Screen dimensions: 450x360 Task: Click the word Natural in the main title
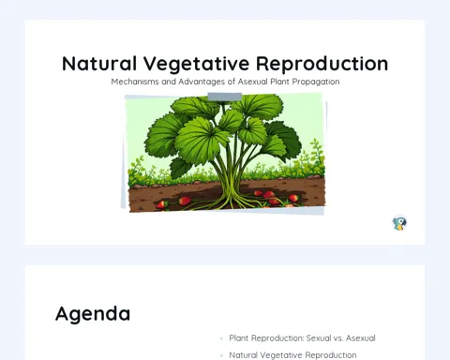pyautogui.click(x=99, y=64)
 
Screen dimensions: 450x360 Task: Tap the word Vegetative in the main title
pyautogui.click(x=197, y=64)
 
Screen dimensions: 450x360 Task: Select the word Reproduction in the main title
pyautogui.click(x=322, y=64)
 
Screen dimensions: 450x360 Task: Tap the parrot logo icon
pyautogui.click(x=399, y=223)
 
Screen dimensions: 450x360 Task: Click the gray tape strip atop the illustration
pyautogui.click(x=225, y=97)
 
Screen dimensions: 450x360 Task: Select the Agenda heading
pyautogui.click(x=93, y=314)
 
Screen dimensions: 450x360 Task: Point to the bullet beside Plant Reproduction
pyautogui.click(x=221, y=338)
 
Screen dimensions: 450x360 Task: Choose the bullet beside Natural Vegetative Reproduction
pyautogui.click(x=221, y=355)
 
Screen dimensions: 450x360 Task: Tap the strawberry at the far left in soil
pyautogui.click(x=161, y=205)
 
